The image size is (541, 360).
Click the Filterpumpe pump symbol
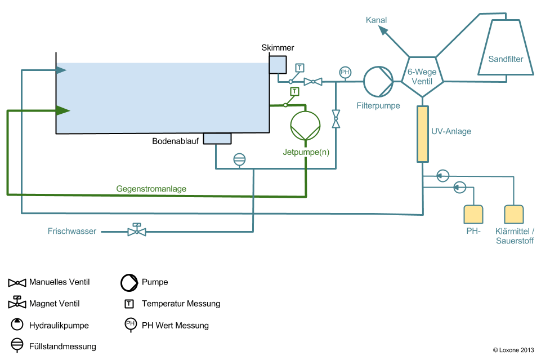click(378, 81)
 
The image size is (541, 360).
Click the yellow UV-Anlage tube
click(422, 134)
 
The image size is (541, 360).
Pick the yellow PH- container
click(473, 215)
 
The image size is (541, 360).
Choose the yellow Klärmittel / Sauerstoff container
click(514, 215)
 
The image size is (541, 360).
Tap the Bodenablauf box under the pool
click(217, 139)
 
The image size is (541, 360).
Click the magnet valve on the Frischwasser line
click(136, 230)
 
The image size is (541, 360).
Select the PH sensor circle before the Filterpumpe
click(345, 72)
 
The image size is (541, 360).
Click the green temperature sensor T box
click(294, 91)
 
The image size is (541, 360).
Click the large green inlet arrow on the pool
click(62, 110)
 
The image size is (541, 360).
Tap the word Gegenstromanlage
click(151, 189)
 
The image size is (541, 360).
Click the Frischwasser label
click(72, 231)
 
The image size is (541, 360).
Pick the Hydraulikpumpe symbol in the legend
click(17, 325)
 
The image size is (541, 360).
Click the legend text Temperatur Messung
click(181, 304)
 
